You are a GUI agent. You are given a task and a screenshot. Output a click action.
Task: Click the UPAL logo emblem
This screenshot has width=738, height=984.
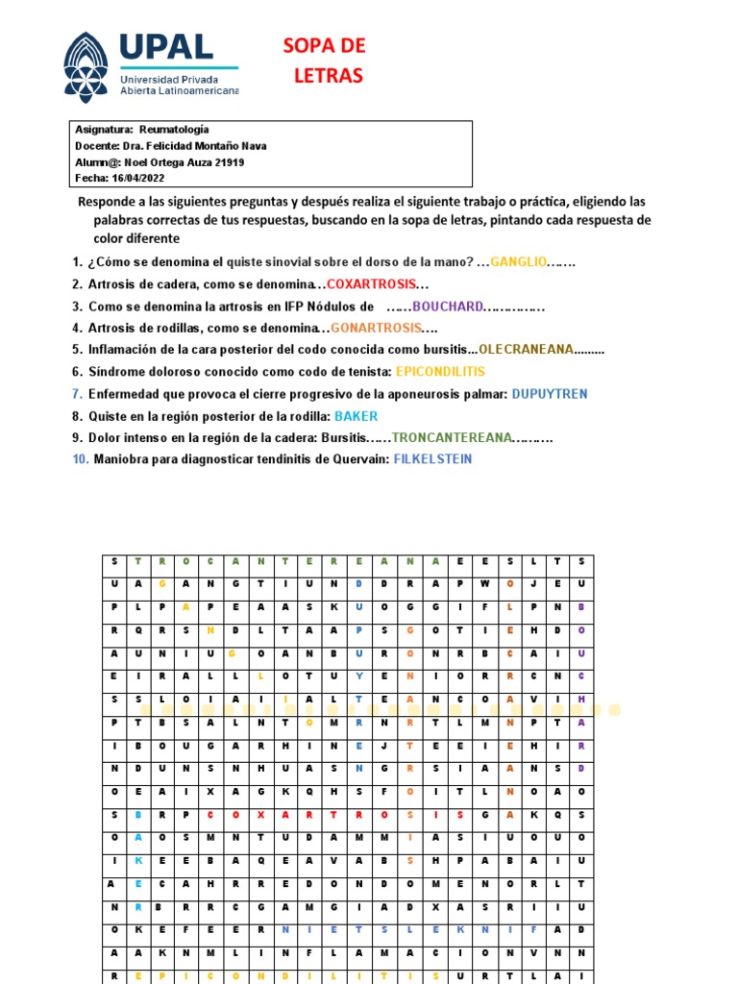86,67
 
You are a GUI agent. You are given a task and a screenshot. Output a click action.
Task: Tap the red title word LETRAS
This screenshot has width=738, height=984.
329,76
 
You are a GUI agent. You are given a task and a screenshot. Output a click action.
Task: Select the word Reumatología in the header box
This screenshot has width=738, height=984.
174,130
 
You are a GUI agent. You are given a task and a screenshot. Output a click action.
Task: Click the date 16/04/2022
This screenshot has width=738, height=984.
138,179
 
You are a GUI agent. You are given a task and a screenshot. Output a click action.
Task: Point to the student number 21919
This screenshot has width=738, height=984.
228,162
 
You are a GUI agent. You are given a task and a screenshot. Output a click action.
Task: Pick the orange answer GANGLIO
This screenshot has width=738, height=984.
518,262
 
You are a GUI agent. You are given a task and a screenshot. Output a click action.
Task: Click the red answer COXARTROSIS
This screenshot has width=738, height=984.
372,284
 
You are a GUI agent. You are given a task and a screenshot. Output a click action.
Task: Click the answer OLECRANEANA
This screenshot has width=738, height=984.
526,350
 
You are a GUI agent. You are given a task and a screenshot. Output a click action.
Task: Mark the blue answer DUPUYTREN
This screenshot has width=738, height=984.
549,394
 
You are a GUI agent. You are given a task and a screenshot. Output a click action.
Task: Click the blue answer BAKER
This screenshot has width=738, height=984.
356,416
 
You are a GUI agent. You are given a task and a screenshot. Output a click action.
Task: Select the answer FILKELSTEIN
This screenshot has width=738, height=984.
432,459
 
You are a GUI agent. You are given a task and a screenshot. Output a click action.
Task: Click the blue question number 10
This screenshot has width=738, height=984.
81,459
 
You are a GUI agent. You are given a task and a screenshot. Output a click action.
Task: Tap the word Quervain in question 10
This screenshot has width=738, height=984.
357,459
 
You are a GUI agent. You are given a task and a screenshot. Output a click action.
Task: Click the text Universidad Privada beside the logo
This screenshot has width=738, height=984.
169,78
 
